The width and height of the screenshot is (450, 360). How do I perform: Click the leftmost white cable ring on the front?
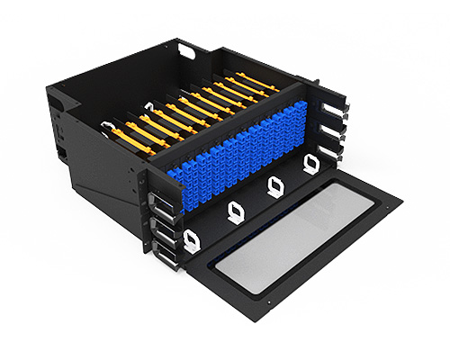[191, 239]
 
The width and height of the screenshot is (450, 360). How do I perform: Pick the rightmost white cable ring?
[310, 163]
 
